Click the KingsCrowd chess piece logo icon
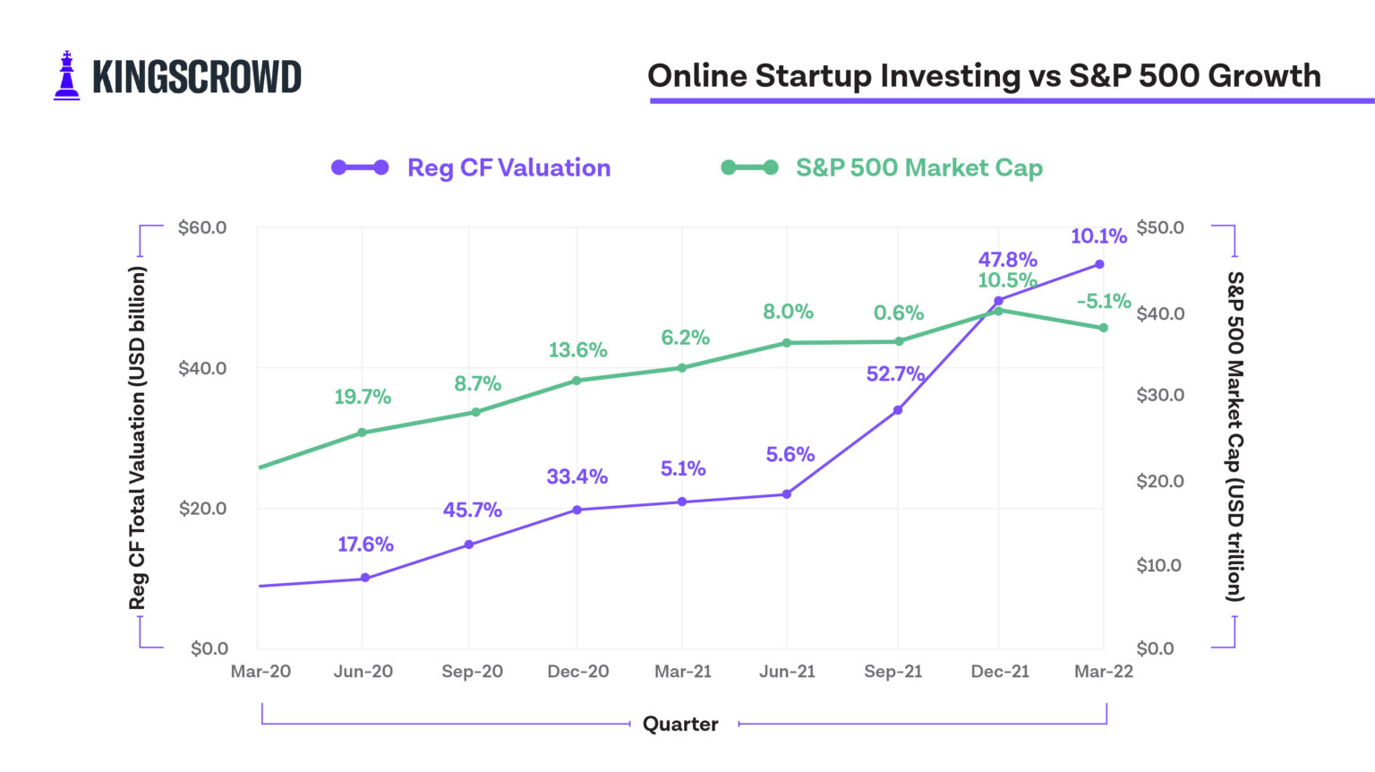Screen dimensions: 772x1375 66,76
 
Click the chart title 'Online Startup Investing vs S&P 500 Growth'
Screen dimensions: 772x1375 984,76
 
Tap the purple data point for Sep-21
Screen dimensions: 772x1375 898,410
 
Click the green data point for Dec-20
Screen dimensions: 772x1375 577,381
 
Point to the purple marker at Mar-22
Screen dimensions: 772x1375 1100,264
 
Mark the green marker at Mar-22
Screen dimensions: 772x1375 1104,328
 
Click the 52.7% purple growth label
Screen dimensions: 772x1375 895,374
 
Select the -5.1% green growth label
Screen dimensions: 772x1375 1104,301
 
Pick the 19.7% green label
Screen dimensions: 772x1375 363,397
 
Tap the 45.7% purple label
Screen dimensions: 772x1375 473,510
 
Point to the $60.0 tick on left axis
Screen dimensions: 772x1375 202,227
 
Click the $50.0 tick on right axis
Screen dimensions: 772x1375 1160,227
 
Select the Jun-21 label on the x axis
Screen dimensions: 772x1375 787,672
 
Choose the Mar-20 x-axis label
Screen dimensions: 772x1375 260,672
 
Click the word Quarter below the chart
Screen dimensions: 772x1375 680,724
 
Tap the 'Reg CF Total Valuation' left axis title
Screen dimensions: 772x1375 137,438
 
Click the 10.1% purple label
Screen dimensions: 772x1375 1098,236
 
